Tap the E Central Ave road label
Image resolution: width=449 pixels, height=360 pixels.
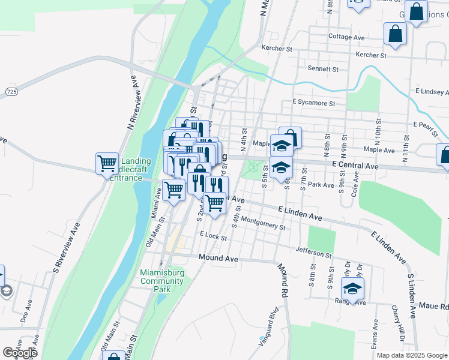click(355, 165)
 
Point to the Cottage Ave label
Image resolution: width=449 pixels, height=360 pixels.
click(346, 37)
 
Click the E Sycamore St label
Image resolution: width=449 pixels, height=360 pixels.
click(313, 103)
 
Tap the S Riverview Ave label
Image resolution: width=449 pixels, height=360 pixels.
click(67, 248)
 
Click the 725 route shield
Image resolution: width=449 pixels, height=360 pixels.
click(11, 91)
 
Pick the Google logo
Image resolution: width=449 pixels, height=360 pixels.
click(19, 353)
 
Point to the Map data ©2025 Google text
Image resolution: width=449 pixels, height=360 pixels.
click(411, 355)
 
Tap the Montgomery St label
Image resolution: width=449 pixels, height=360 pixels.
click(265, 226)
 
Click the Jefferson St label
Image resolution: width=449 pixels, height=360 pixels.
click(313, 254)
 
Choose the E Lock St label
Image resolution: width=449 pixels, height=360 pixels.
click(213, 237)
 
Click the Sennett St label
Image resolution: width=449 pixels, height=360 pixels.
click(322, 70)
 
